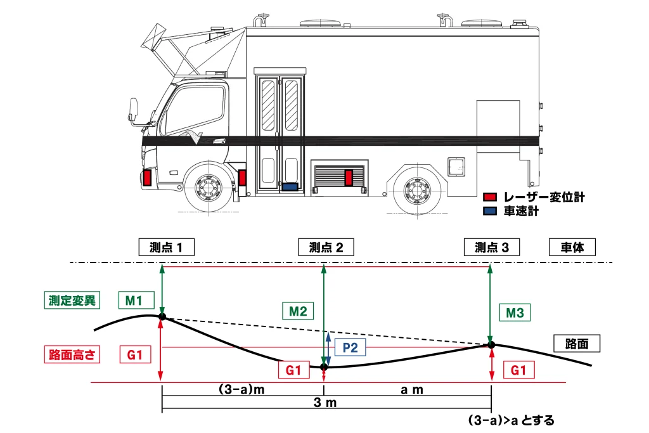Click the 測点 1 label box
tap(167, 247)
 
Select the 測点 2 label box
tap(326, 247)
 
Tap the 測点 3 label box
tap(492, 247)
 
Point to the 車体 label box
tap(572, 247)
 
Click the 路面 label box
tap(577, 344)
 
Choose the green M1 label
tap(134, 300)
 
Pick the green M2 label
tap(298, 311)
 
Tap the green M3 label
tap(515, 313)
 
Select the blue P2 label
tap(350, 347)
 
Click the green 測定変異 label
tap(72, 300)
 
